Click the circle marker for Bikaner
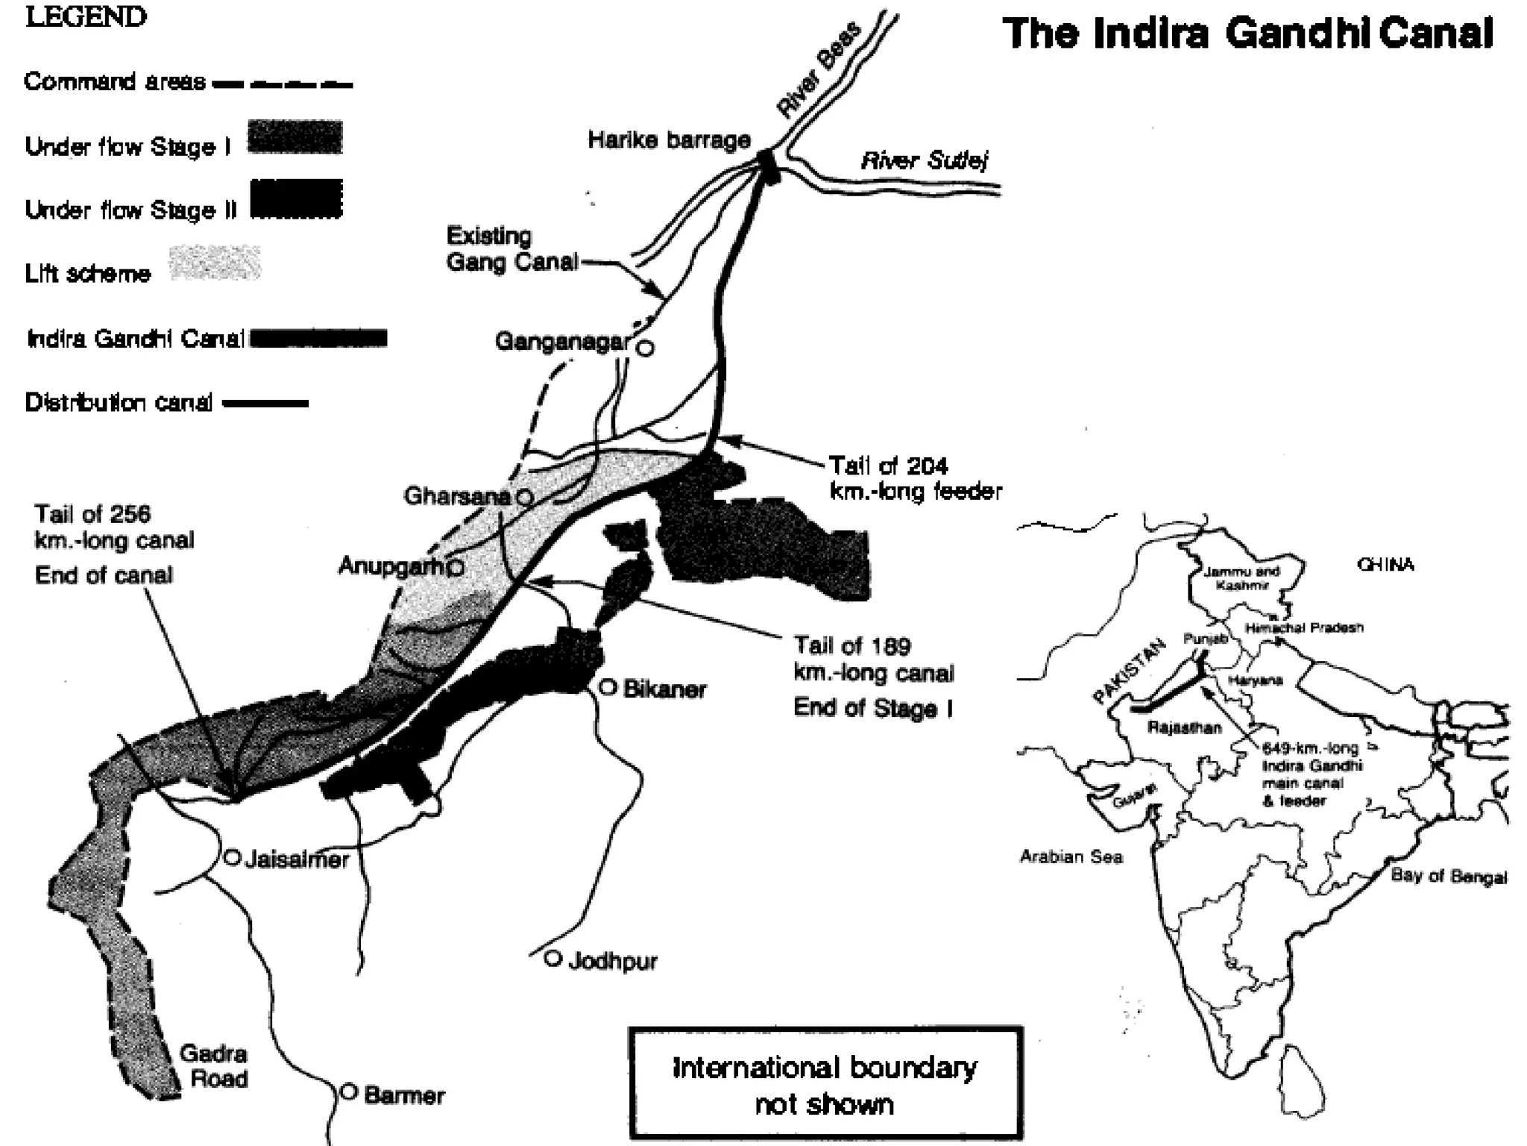608,687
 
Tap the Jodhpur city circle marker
552,959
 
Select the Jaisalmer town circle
232,858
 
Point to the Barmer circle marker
349,1092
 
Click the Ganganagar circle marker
646,347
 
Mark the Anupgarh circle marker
456,568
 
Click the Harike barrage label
669,140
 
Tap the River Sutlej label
924,160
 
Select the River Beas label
818,71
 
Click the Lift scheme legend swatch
215,263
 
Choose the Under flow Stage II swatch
296,199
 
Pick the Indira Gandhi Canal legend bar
319,339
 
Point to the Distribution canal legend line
265,404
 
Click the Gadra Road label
215,1065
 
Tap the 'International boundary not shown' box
825,1084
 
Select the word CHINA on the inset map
1385,565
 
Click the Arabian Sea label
1071,857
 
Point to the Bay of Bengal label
1448,876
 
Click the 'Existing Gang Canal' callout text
512,249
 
